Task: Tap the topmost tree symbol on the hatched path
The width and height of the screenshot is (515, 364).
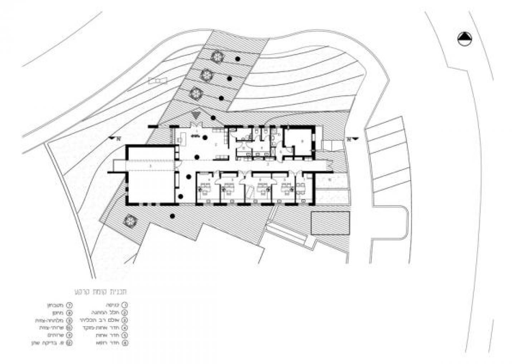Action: (x=216, y=57)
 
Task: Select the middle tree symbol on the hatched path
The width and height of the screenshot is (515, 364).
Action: (x=206, y=75)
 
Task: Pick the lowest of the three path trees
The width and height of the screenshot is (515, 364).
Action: (x=196, y=94)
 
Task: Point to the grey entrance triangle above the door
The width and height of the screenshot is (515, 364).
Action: (x=195, y=115)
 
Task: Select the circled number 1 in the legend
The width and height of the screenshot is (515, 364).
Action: (x=124, y=305)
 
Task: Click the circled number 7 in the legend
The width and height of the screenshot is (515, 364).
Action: (x=69, y=305)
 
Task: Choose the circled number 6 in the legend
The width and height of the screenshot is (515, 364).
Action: (x=124, y=343)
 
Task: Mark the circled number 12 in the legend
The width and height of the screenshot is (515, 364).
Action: (x=69, y=343)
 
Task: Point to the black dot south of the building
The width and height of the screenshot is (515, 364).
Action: (x=172, y=216)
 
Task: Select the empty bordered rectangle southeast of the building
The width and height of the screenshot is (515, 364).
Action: (x=330, y=223)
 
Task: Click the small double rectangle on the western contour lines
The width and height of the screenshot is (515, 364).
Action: (x=158, y=81)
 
